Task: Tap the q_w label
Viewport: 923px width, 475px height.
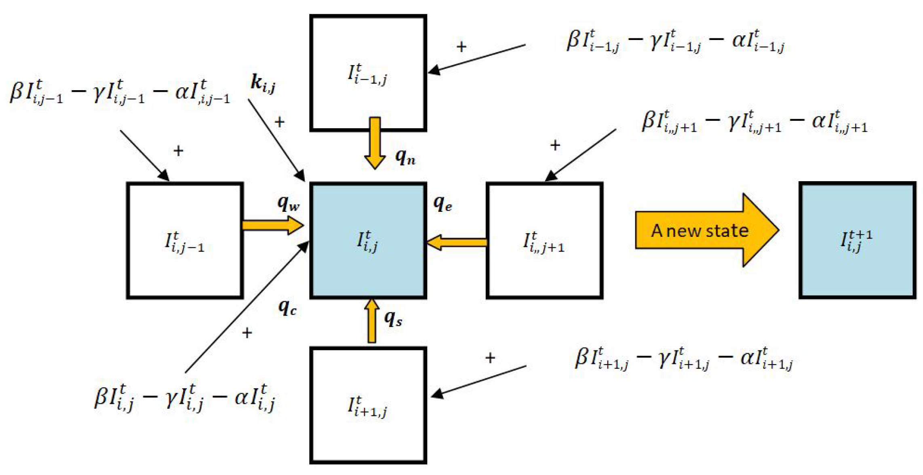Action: coord(288,203)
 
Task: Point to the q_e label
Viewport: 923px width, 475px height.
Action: coord(442,203)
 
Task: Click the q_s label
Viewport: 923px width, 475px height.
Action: coord(393,319)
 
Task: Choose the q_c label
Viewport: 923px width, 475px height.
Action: coord(287,308)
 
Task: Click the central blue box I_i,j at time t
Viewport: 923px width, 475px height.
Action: coord(368,241)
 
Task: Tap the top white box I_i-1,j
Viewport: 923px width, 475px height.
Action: coord(368,73)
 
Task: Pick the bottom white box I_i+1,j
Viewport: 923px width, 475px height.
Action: coord(368,405)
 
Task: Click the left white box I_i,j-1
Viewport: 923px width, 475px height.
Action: coord(185,241)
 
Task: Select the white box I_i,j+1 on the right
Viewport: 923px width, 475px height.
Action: coord(544,241)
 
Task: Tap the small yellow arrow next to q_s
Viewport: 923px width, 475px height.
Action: coord(371,321)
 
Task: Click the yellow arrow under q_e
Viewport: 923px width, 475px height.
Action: coord(457,243)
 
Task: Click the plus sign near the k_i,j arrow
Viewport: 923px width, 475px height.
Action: coord(280,122)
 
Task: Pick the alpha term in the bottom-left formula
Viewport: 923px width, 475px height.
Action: coord(255,398)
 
